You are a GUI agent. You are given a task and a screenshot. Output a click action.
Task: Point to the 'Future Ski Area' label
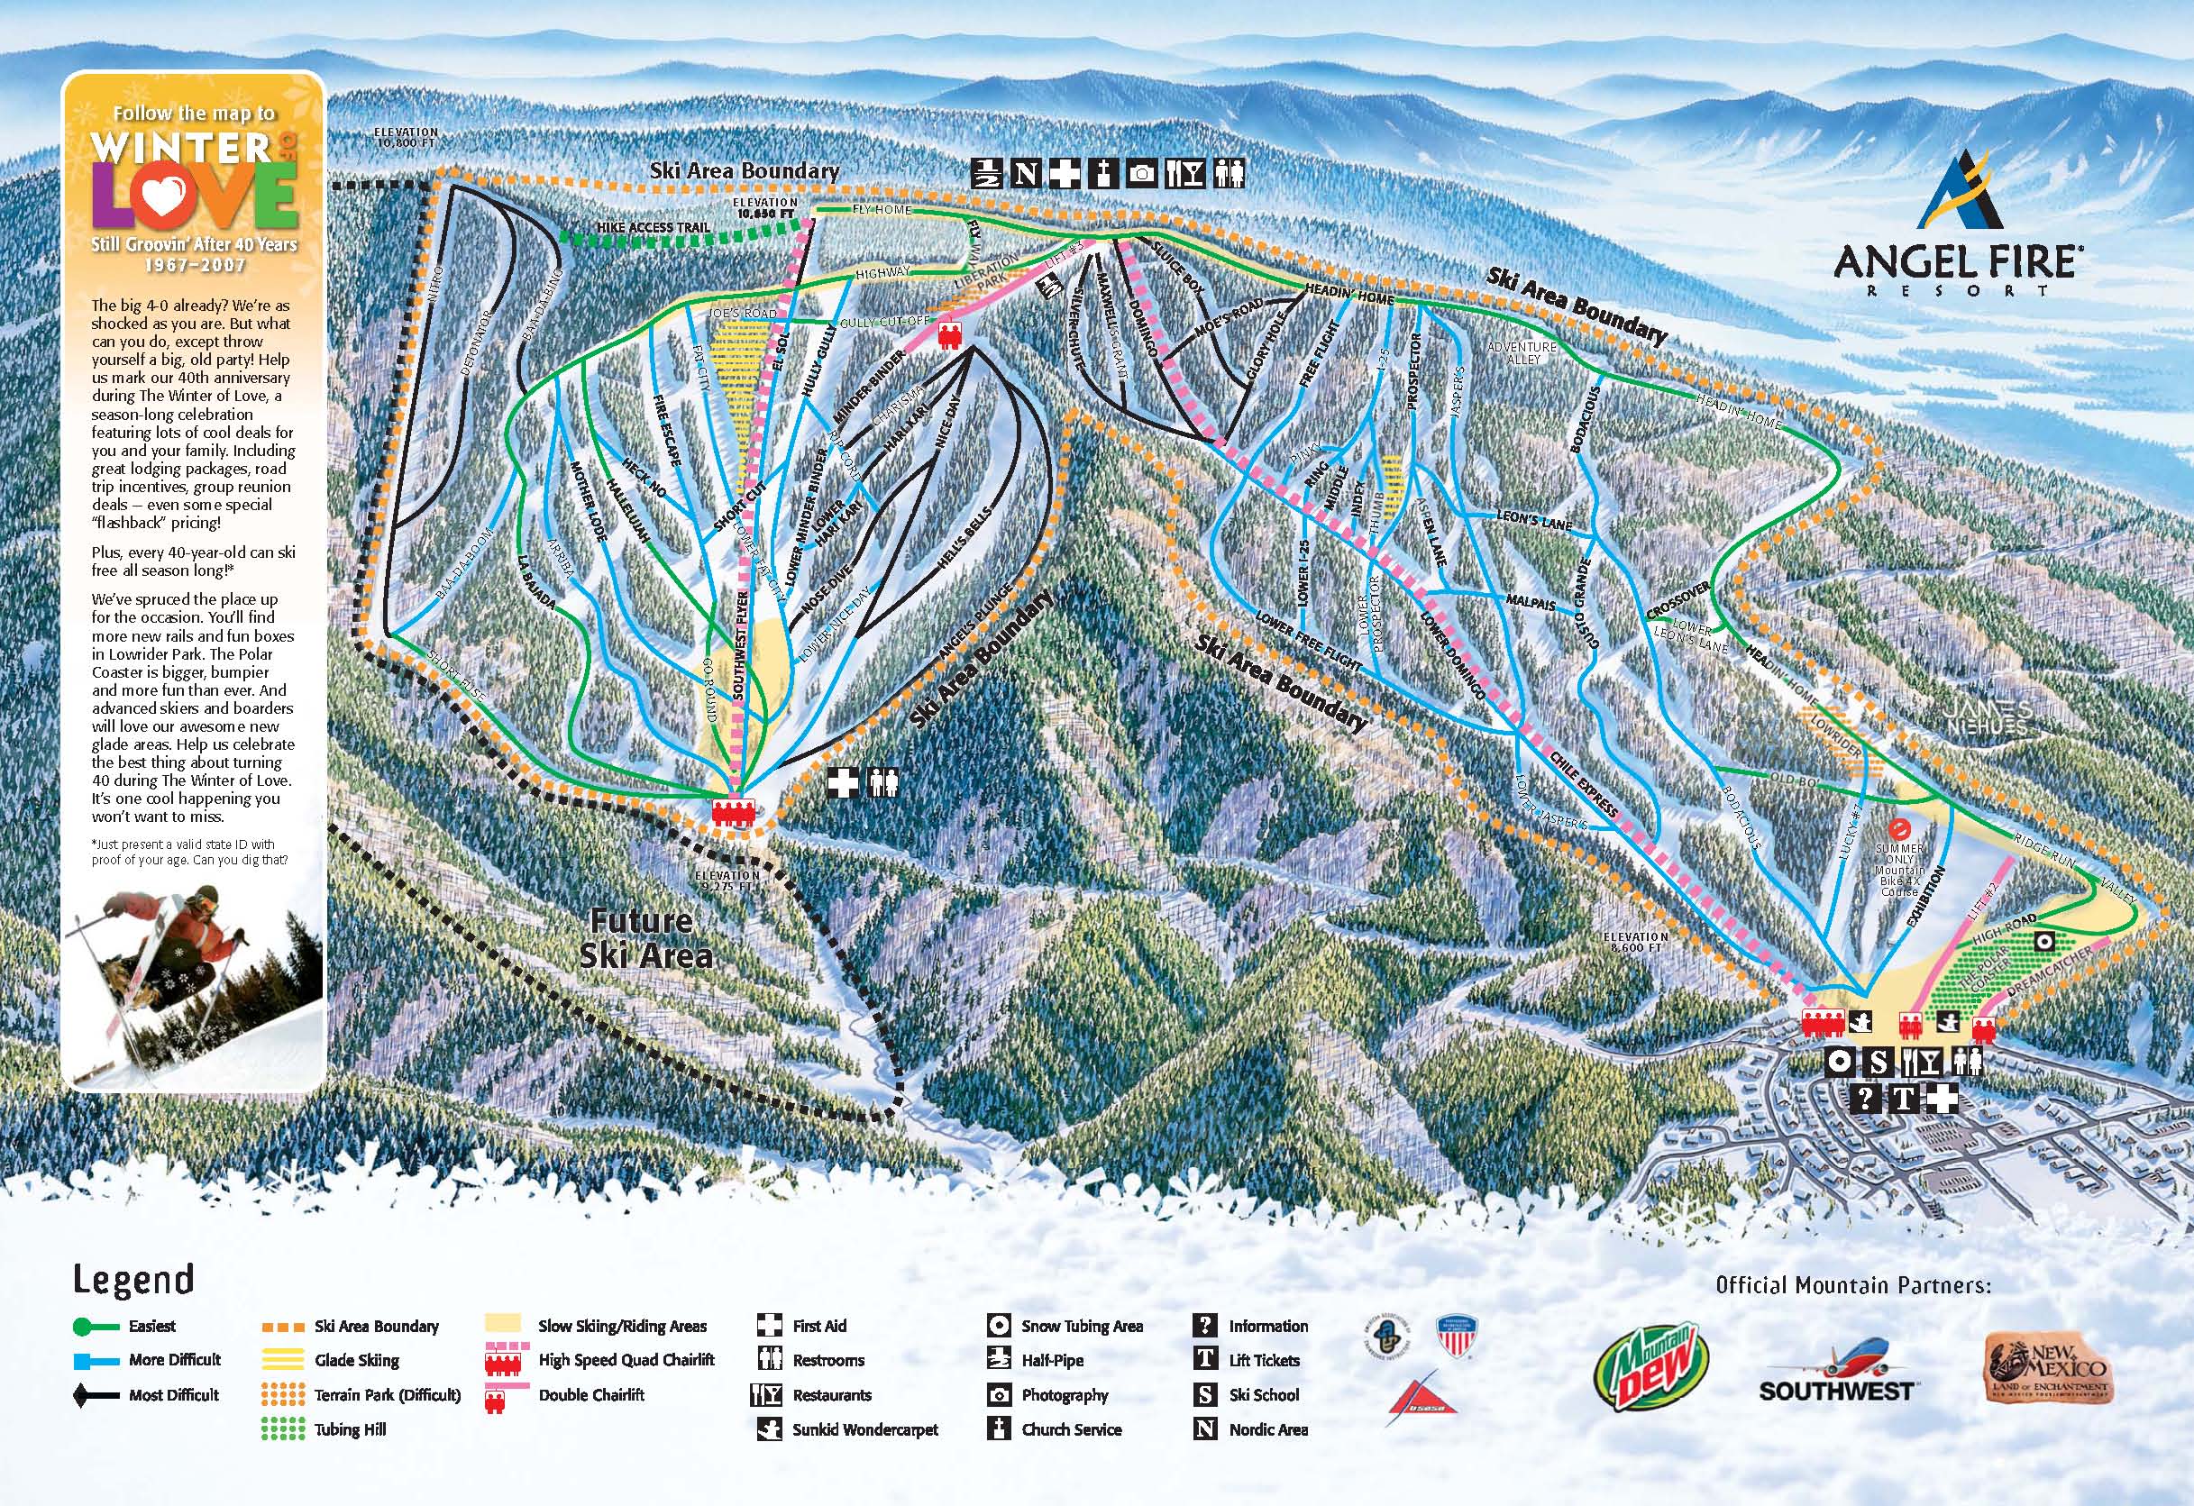(x=644, y=938)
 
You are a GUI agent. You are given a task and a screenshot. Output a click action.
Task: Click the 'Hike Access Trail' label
(x=653, y=227)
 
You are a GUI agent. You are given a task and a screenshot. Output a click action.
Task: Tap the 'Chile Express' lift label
(x=1584, y=783)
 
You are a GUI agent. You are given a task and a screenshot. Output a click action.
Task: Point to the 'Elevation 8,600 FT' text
(x=1635, y=942)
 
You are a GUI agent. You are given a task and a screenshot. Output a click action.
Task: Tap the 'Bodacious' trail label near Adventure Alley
(x=1583, y=418)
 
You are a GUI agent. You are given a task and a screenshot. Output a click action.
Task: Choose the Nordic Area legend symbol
(x=1204, y=1429)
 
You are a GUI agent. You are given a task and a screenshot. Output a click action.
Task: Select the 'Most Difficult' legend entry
(x=173, y=1394)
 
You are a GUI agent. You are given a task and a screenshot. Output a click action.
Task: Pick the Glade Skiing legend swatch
(x=282, y=1361)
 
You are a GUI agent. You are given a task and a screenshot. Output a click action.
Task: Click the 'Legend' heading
(x=133, y=1280)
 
